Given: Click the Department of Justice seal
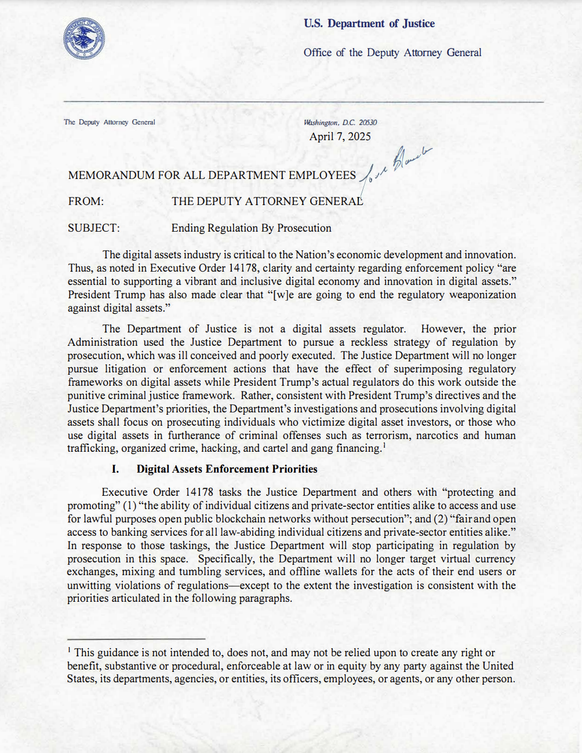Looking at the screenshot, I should pos(84,39).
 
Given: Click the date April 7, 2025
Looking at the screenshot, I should pos(340,137).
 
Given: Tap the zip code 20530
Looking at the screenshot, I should pos(368,123).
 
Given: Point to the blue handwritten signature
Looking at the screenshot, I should pos(400,165).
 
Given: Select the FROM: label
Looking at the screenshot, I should pos(86,202).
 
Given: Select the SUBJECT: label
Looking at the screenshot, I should pos(94,228).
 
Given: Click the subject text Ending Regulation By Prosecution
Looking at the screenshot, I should pos(251,228).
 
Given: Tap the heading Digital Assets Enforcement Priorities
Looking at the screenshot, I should pos(227,469).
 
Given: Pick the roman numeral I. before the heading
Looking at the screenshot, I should pos(115,469).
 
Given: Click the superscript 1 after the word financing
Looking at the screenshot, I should pos(384,445).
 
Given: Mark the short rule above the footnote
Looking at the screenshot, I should pos(136,638).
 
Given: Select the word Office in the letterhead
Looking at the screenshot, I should pos(318,53).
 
